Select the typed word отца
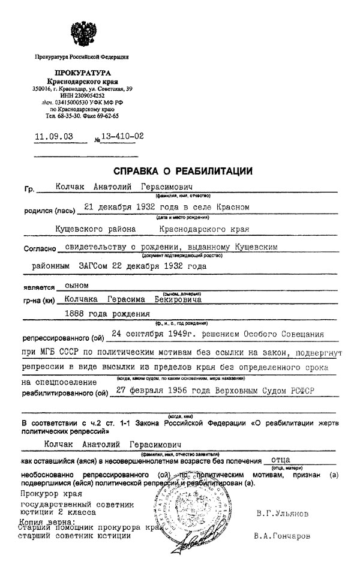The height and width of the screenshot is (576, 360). tap(281, 460)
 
